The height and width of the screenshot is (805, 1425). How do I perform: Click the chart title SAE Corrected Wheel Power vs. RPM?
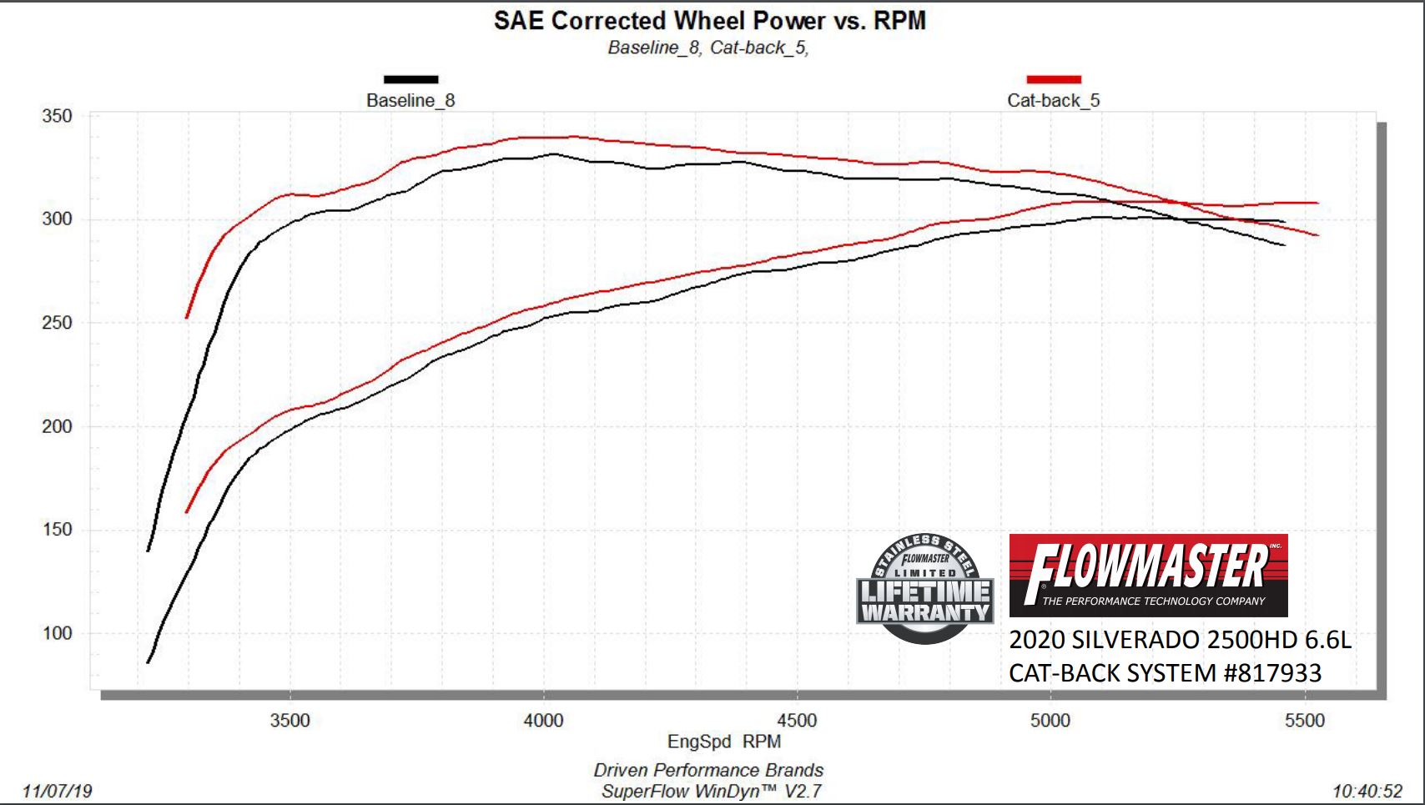(x=709, y=21)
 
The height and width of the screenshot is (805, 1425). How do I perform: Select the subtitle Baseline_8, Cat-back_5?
(x=708, y=48)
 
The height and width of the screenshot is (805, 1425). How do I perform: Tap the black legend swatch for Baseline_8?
(x=410, y=79)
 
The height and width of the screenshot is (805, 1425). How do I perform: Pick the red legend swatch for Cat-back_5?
(x=1053, y=79)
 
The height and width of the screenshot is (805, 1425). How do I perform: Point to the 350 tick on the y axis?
(x=57, y=116)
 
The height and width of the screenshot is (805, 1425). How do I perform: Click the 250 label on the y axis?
(x=57, y=323)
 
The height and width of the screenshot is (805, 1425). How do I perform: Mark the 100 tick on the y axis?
(x=57, y=633)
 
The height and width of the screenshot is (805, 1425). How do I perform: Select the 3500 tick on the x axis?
(x=290, y=721)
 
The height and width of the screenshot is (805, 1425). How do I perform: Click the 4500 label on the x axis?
(x=797, y=721)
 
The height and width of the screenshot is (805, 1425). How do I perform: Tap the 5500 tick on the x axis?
(x=1305, y=721)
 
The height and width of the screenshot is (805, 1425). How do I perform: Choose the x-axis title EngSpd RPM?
(x=723, y=742)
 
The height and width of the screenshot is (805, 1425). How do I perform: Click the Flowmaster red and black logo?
(x=1148, y=575)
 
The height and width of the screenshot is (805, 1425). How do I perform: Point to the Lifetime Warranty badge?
(x=924, y=589)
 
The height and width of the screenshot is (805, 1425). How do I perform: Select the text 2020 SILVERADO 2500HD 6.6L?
(x=1180, y=640)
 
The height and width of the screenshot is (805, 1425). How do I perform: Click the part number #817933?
(x=1272, y=673)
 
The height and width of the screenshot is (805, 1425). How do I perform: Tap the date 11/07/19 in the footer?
(x=58, y=791)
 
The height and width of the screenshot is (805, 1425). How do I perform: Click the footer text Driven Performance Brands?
(x=708, y=770)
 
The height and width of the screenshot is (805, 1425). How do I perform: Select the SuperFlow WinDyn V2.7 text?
(x=711, y=791)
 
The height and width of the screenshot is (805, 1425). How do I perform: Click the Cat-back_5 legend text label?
(x=1053, y=101)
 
